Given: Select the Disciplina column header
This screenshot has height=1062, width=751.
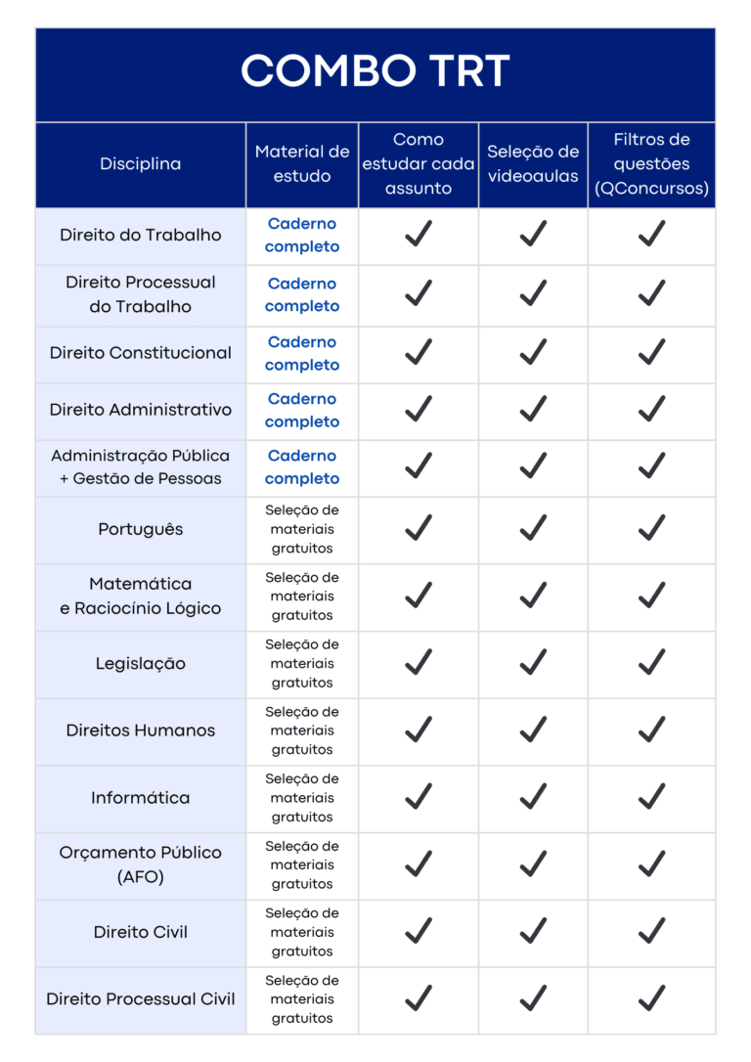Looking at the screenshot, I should pyautogui.click(x=141, y=164).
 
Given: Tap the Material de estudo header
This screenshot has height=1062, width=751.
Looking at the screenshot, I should pyautogui.click(x=302, y=164).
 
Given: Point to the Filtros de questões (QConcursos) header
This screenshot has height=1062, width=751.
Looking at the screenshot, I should pyautogui.click(x=651, y=164).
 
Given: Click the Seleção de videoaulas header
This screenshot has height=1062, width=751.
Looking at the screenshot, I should pyautogui.click(x=533, y=164).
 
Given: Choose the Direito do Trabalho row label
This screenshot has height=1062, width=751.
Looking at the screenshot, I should pyautogui.click(x=141, y=235).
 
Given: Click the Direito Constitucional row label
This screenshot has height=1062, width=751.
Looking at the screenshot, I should pyautogui.click(x=141, y=353).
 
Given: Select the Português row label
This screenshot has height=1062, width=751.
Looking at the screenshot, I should pyautogui.click(x=141, y=529).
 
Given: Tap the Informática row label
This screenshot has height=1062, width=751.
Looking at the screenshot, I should pyautogui.click(x=141, y=798).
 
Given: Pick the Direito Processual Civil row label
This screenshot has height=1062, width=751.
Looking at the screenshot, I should pyautogui.click(x=141, y=999).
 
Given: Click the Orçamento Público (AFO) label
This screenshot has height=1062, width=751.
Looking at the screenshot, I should pyautogui.click(x=141, y=864).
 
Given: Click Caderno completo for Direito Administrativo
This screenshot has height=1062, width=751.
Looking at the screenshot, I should pyautogui.click(x=302, y=411).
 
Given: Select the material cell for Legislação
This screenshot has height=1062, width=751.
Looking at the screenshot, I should pyautogui.click(x=302, y=663).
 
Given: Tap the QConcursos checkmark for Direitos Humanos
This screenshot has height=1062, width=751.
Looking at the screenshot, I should pyautogui.click(x=651, y=730).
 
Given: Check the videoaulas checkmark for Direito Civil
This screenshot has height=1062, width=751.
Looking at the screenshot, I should pyautogui.click(x=533, y=931).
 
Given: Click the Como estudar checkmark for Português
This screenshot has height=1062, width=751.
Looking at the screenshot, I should pyautogui.click(x=419, y=528).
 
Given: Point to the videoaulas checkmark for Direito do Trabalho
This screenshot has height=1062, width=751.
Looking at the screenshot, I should pyautogui.click(x=533, y=234).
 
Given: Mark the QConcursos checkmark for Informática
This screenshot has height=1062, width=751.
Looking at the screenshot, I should pyautogui.click(x=651, y=797).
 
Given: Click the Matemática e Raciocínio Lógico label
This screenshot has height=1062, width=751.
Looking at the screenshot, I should pyautogui.click(x=141, y=596).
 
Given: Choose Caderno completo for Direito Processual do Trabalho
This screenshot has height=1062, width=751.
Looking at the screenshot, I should pyautogui.click(x=302, y=294).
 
